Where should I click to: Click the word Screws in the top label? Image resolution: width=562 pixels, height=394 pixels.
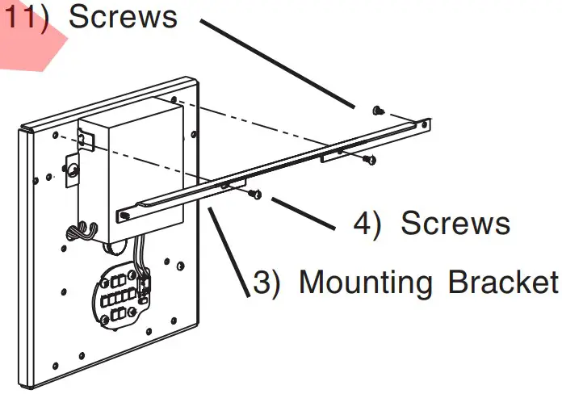click(x=123, y=17)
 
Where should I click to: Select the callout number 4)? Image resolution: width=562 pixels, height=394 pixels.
click(x=367, y=224)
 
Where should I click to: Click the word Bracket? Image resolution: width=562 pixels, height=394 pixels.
click(x=501, y=283)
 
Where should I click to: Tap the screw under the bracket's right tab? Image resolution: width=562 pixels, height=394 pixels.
click(x=369, y=159)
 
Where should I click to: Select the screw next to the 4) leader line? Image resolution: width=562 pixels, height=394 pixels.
click(x=256, y=194)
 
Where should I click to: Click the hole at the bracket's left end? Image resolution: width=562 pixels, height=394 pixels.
click(x=125, y=215)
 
